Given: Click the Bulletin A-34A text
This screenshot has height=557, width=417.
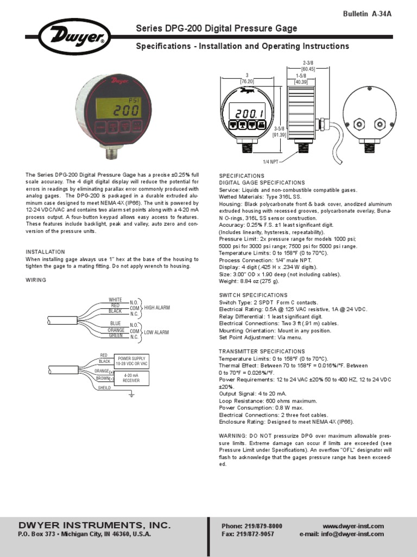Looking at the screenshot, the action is (367, 14).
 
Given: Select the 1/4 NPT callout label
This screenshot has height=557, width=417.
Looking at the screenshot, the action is (270, 162).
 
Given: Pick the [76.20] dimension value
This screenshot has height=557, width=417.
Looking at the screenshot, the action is (247, 82).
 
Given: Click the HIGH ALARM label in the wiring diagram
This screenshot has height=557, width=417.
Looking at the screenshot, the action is (157, 307).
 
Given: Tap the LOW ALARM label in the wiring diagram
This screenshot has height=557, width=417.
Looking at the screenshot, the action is (156, 332).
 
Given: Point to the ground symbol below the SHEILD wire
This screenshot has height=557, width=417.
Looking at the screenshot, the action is (131, 394).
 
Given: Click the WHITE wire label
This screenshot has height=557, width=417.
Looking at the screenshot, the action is (115, 300).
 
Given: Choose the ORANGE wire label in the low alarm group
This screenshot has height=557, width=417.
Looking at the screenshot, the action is (116, 330).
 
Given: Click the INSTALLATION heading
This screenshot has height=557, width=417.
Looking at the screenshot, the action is (46, 252).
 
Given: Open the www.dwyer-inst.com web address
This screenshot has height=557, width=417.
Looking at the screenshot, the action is (353, 526).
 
